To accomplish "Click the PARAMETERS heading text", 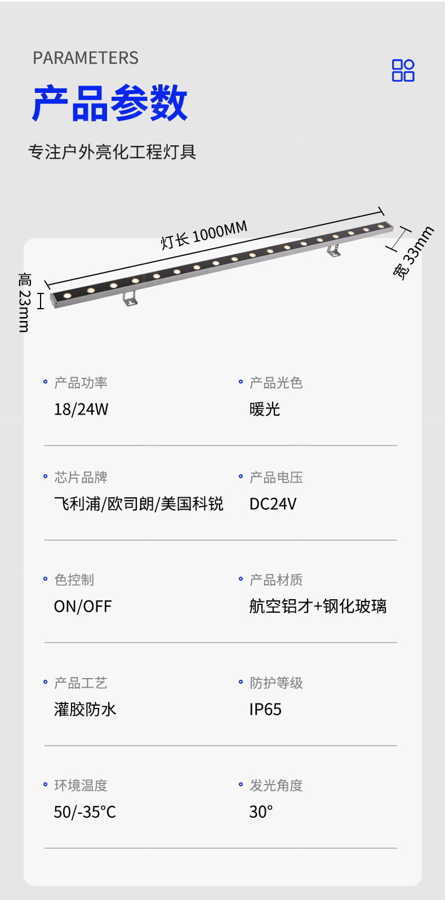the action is [86, 58].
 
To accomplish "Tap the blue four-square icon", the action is [403, 70].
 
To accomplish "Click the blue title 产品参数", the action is [110, 104].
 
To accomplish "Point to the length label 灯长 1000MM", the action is [204, 235].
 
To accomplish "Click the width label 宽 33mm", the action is [413, 253].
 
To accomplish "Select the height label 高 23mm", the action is [24, 302].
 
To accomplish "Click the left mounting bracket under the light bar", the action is [131, 298].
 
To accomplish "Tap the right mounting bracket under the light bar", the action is [334, 249].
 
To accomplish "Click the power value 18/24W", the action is [81, 409].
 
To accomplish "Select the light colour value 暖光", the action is [265, 409].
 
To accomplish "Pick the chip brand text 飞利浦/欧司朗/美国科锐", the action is [139, 504].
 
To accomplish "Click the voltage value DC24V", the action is [273, 504].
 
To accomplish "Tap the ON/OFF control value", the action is [83, 607].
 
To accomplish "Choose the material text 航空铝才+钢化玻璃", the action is [318, 606].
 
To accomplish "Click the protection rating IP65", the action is [265, 710].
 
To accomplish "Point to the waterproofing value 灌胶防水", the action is [85, 710].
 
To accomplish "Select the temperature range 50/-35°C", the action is [85, 812].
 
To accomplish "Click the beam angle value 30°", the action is [261, 812].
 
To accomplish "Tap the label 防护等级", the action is [276, 683].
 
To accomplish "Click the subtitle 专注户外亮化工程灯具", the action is [112, 152].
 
